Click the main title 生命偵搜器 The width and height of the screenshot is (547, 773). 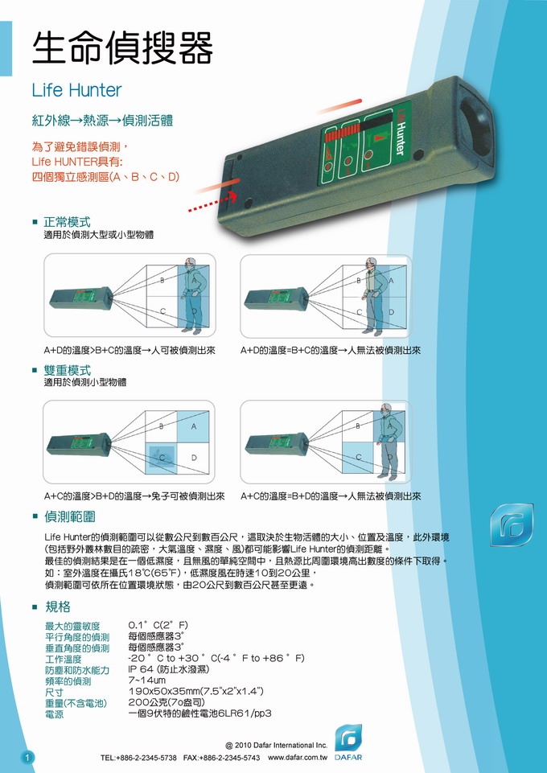(x=122, y=47)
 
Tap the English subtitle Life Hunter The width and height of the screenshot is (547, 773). (x=76, y=90)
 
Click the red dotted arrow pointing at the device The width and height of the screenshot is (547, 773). (x=212, y=202)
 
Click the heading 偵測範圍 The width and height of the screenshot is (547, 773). (x=69, y=516)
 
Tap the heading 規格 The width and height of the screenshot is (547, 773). (x=58, y=606)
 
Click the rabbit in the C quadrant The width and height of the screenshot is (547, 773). (x=162, y=458)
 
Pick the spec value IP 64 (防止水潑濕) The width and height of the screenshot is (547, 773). (x=169, y=669)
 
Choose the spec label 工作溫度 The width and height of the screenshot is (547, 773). (x=63, y=659)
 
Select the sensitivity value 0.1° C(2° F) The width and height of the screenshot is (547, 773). (x=158, y=626)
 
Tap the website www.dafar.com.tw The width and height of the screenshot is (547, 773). (x=298, y=757)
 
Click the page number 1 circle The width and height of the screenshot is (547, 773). (x=27, y=757)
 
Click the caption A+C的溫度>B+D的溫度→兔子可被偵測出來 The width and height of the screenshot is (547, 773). (x=134, y=496)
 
